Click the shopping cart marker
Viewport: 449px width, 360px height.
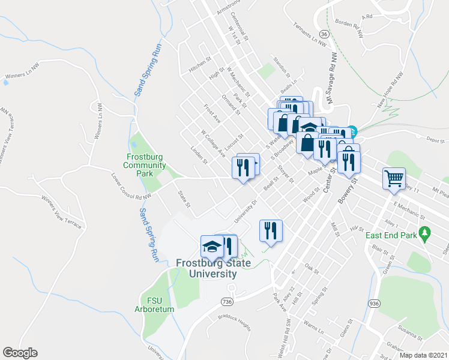(394, 178)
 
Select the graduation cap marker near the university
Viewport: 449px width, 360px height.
(211, 247)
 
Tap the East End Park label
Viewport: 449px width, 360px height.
(391, 235)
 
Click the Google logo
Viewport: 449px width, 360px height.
(20, 353)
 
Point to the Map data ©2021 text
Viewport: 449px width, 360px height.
(423, 355)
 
